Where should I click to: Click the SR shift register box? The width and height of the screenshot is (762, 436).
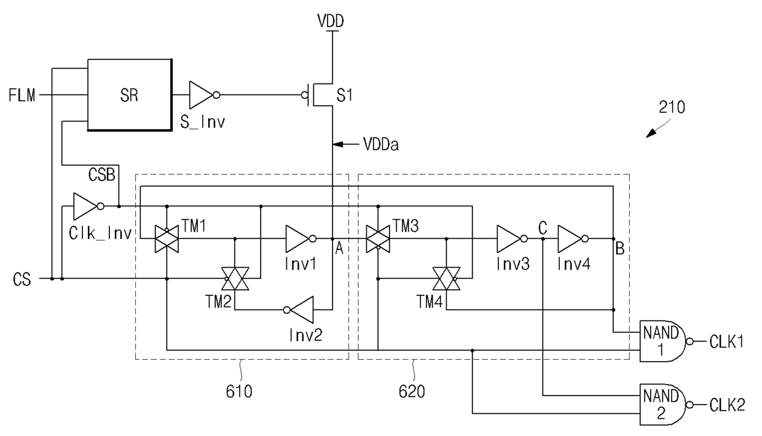130,95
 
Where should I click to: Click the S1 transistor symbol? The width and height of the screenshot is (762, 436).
318,95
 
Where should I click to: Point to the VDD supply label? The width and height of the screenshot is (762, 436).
331,21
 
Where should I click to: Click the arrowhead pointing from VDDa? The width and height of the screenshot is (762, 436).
338,144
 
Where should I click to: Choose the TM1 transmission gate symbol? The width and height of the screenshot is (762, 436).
167,239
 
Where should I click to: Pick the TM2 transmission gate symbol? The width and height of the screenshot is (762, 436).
235,279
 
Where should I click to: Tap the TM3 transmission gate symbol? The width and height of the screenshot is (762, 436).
378,239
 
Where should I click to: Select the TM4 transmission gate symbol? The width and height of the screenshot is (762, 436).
446,279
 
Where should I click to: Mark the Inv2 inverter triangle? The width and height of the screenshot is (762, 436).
299,309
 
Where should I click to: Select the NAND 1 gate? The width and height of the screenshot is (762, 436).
666,341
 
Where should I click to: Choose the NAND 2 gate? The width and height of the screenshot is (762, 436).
666,405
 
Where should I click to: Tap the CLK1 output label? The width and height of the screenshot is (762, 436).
726,341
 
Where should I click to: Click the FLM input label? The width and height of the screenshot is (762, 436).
22,95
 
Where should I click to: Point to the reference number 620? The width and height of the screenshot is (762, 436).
412,392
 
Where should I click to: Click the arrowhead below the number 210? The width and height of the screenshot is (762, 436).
651,133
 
